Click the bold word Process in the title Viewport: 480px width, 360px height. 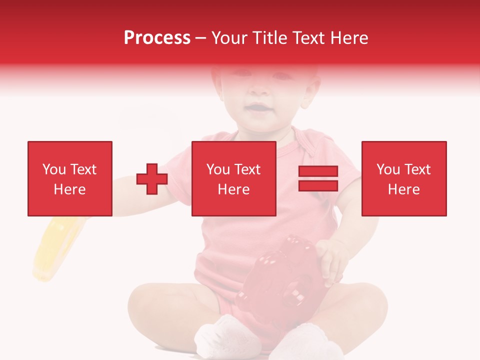157,37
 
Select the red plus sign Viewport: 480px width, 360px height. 152,178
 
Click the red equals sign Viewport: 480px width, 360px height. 318,178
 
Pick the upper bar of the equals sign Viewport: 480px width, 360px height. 318,171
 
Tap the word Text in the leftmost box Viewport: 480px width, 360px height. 83,169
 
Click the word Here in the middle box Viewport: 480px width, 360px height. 233,189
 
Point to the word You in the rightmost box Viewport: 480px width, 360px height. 388,169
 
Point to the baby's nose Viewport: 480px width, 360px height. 258,90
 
